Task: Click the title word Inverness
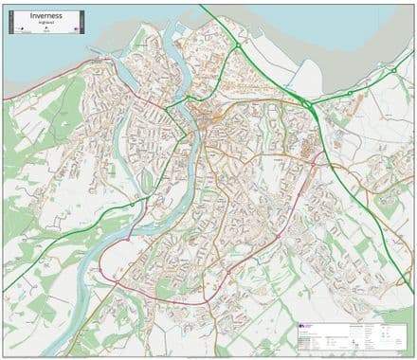[45, 16]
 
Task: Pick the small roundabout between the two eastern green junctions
[350, 92]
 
